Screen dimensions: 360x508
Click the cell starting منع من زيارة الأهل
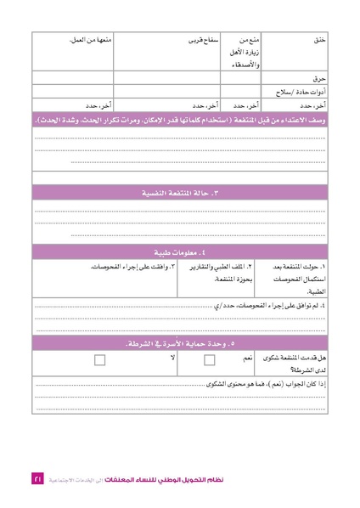coord(248,52)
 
